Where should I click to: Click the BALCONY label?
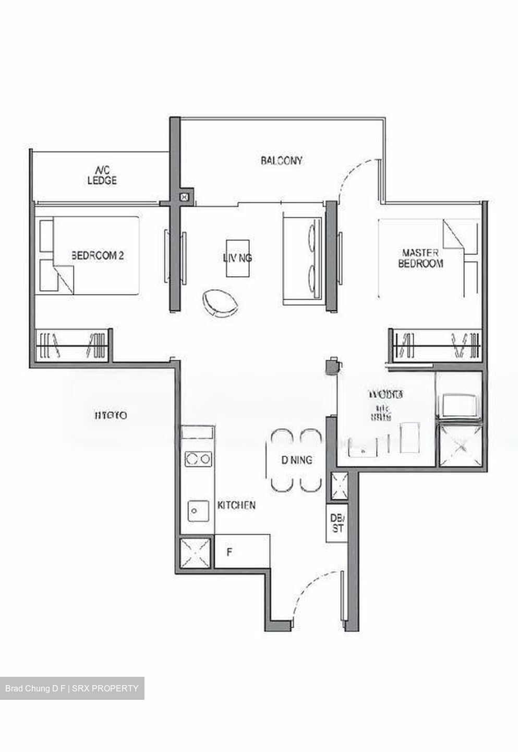[x=281, y=161]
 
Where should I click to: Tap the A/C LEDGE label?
[x=102, y=175]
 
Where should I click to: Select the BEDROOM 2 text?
[x=98, y=256]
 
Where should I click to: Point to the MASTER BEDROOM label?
[x=420, y=258]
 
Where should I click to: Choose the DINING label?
[x=297, y=460]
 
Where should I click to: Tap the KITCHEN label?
[x=236, y=505]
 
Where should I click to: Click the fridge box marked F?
[x=242, y=551]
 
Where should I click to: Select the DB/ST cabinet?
[x=337, y=523]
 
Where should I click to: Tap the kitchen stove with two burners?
[x=198, y=459]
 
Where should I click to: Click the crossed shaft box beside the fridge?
[x=196, y=553]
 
